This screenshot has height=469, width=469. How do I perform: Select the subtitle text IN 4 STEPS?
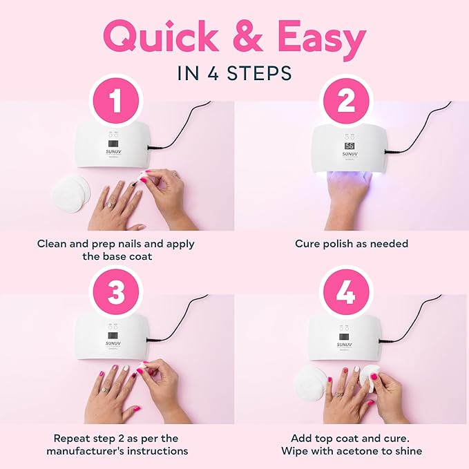click(234, 73)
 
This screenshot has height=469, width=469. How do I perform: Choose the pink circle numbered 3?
click(116, 293)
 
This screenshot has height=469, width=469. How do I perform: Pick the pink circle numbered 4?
click(346, 293)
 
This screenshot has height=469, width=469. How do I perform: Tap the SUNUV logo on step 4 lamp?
click(345, 343)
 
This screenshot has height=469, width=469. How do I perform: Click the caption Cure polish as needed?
click(352, 244)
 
